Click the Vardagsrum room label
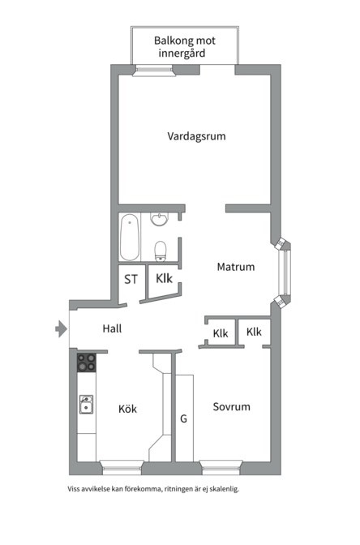click(x=196, y=136)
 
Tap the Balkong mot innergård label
click(x=185, y=46)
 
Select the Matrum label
click(x=235, y=267)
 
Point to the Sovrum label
click(x=231, y=407)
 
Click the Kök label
click(x=127, y=409)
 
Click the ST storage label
click(x=131, y=280)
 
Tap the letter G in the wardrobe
click(x=183, y=419)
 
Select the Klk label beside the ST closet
click(x=165, y=279)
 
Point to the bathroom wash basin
click(x=161, y=220)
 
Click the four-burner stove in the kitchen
click(x=87, y=362)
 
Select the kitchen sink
click(x=86, y=403)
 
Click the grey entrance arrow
click(x=60, y=328)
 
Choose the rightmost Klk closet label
click(x=254, y=333)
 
